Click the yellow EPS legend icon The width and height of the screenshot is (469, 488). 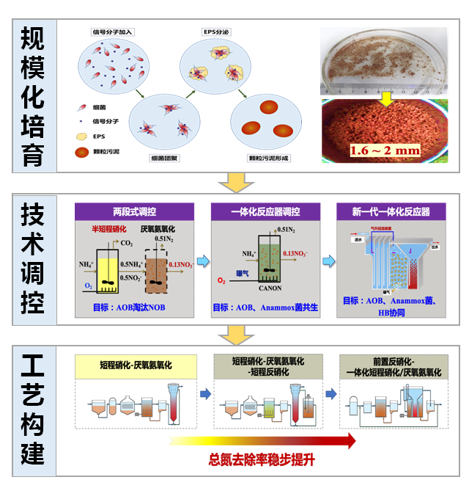tap(82, 136)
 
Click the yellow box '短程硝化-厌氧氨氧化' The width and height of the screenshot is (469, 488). tap(136, 365)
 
